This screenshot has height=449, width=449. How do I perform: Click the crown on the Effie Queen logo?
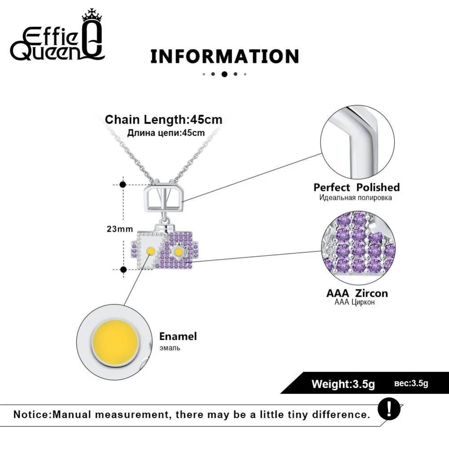coord(92,15)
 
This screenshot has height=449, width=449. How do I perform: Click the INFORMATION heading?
coord(225,57)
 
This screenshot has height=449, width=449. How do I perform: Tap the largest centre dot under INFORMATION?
coord(224,74)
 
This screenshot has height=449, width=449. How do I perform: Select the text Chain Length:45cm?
coord(163,120)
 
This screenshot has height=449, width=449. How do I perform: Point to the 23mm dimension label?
coord(120,229)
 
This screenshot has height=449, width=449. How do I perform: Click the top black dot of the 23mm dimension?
coord(123,185)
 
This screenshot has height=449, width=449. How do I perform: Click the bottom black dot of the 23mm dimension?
coord(123,269)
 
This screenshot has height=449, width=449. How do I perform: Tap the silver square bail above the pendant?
coord(163,197)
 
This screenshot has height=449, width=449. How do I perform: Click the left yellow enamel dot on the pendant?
coord(150,251)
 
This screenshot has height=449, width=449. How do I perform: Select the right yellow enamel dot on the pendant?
coord(178,252)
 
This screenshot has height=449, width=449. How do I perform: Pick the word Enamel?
coord(178,336)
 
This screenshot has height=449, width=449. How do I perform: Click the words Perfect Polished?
coord(357,187)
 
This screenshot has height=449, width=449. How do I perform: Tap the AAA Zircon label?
coord(357,293)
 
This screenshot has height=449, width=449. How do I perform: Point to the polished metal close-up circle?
coord(357,142)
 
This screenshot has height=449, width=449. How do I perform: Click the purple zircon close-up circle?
coord(358,249)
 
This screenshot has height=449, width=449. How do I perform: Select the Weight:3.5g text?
coord(343,384)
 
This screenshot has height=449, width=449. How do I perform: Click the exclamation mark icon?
coord(389,409)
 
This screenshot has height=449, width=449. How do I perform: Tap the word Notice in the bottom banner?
coord(31,414)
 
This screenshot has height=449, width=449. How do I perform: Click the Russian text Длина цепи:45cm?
coord(166,133)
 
